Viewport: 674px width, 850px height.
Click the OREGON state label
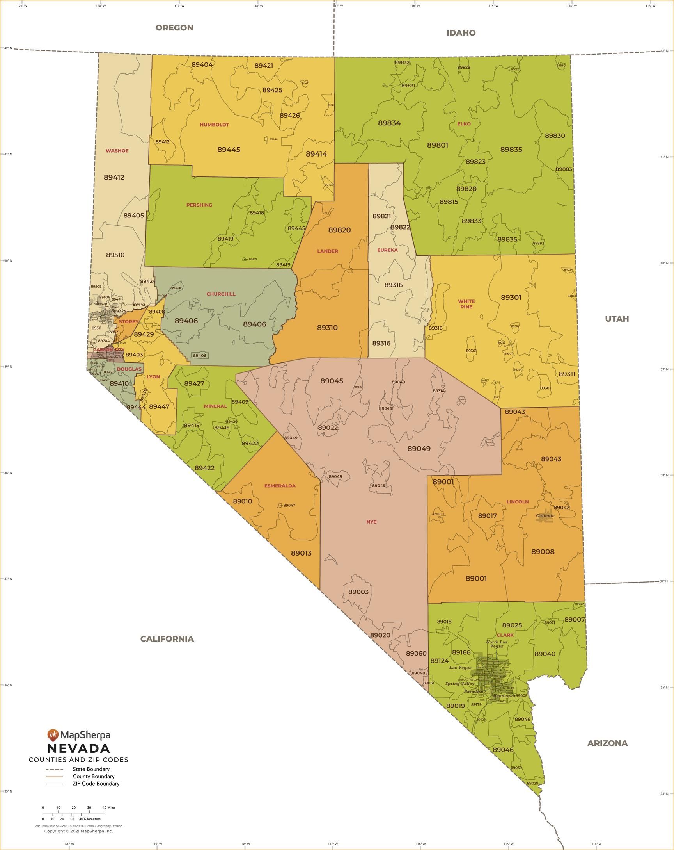coord(174,28)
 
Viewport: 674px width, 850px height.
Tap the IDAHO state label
coord(461,33)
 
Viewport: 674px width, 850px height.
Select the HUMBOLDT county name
coord(214,125)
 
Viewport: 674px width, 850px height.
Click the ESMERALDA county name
coord(280,486)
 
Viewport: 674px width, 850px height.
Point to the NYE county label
coord(371,522)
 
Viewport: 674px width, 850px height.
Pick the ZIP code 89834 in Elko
coord(389,123)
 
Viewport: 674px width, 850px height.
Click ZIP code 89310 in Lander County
coord(327,328)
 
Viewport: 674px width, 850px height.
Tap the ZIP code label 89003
coord(358,592)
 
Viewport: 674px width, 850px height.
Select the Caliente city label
coord(545,515)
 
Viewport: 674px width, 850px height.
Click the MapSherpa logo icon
coord(53,734)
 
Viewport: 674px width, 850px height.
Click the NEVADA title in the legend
coord(79,748)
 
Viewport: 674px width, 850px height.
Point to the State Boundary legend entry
coord(91,769)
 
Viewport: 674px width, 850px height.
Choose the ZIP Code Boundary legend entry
coord(96,783)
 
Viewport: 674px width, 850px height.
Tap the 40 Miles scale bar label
coord(109,807)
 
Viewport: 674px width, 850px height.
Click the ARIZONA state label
coord(607,743)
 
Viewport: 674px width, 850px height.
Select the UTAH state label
coord(617,319)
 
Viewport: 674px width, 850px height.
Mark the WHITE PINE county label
coord(466,304)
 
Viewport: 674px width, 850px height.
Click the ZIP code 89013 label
coord(301,553)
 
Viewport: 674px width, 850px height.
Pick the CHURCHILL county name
coord(221,294)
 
